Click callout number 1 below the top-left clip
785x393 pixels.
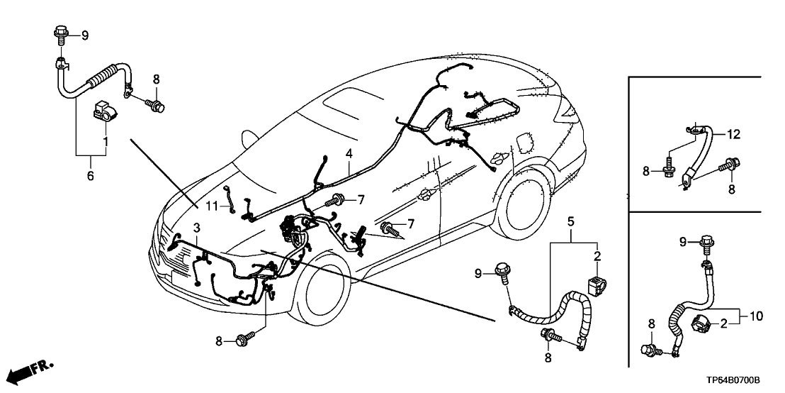(x=106, y=142)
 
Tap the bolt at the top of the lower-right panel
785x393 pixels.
(x=706, y=243)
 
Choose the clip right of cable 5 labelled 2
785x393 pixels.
(x=595, y=285)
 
